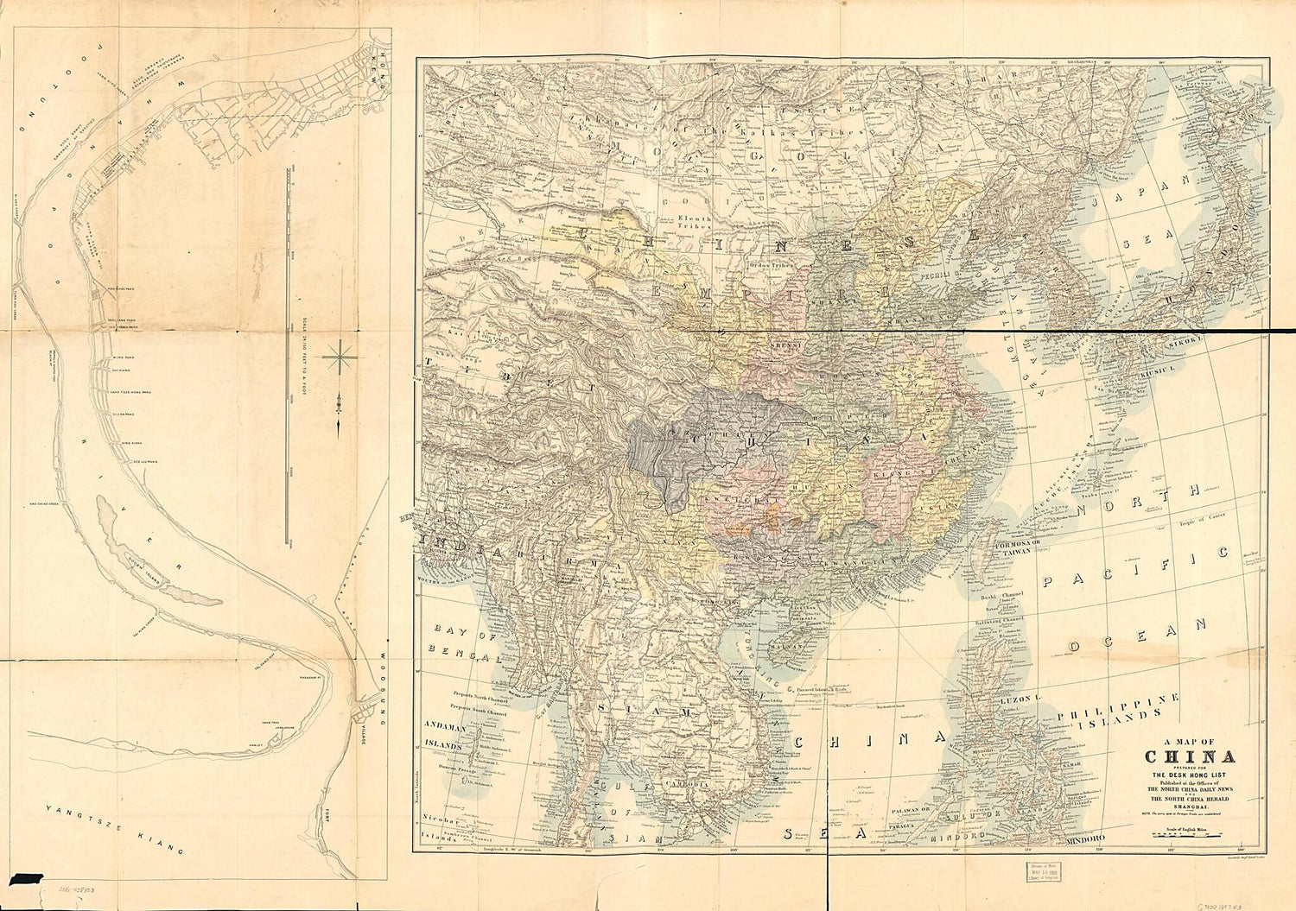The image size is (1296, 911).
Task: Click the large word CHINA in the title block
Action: [x=1190, y=757]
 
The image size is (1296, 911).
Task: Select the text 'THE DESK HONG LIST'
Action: [x=1190, y=775]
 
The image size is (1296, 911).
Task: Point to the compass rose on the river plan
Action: [x=343, y=354]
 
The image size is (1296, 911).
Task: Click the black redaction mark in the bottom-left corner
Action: [x=22, y=878]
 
